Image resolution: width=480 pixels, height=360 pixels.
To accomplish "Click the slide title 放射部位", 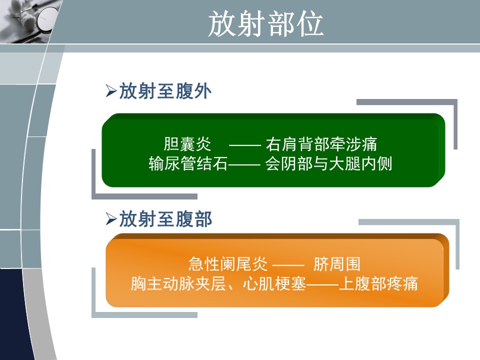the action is point(265,24).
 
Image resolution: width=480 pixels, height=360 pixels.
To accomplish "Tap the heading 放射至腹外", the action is point(165,91).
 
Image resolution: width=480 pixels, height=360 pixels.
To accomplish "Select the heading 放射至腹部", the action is point(165,219).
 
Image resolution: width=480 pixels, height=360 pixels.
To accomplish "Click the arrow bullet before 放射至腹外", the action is point(111,91).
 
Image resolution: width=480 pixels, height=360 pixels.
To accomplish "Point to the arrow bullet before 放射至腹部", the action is point(111,219).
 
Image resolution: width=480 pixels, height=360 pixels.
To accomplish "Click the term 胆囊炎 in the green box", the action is point(187,144).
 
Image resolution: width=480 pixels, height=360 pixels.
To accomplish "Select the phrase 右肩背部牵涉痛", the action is point(321,144).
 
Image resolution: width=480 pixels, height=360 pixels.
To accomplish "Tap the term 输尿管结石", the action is point(188,163).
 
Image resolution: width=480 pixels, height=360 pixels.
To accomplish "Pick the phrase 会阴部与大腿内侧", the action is point(328,163).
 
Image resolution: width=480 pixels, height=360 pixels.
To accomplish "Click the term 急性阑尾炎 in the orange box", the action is point(228,264).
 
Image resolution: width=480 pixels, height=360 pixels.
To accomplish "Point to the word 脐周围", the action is point(336,264).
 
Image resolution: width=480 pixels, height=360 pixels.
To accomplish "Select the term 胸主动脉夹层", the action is point(178,283).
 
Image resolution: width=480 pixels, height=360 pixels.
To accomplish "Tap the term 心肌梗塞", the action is point(274,283).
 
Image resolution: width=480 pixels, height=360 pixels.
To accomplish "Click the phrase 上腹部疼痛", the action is point(378,283).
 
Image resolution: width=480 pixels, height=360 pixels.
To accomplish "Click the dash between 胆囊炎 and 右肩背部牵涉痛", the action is point(245,145).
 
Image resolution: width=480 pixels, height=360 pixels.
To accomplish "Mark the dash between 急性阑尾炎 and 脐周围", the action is point(288,265).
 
